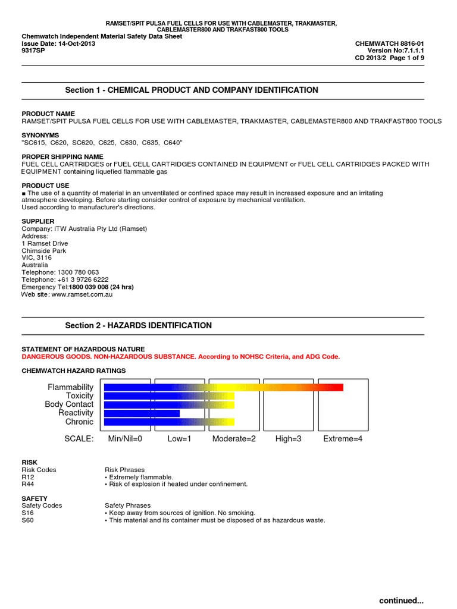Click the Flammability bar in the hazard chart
point(223,387)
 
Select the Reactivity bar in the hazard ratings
point(142,413)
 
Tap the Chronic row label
point(79,422)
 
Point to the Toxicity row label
point(80,395)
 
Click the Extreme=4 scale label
point(342,439)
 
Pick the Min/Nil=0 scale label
point(125,439)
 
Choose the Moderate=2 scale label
point(234,439)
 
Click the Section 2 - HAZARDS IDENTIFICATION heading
point(138,325)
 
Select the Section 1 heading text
point(191,90)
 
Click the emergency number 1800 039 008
point(101,287)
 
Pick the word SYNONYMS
point(41,135)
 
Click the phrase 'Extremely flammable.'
point(140,477)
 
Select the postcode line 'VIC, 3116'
point(37,258)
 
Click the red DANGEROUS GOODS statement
point(181,356)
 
